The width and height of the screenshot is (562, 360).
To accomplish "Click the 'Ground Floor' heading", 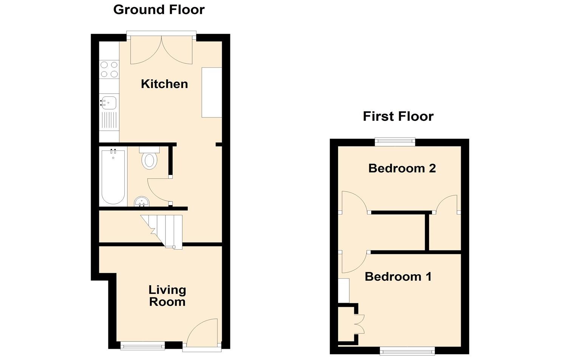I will [x=159, y=9].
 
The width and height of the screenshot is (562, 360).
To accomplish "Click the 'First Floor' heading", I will [x=398, y=116].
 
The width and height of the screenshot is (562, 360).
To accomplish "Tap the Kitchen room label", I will [x=164, y=84].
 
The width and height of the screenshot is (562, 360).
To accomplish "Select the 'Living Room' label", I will [x=167, y=296].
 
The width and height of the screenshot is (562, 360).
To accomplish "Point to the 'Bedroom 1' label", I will [x=398, y=277].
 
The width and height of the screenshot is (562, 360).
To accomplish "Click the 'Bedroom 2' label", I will [x=402, y=168].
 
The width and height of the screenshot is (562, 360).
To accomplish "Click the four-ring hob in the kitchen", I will [x=109, y=70].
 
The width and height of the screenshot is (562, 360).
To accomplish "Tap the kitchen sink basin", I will [x=109, y=102].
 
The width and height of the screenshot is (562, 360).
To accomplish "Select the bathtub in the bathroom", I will [x=113, y=177].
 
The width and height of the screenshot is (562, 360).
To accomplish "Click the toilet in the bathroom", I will [x=150, y=159].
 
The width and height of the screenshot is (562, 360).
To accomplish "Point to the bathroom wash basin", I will [x=142, y=202].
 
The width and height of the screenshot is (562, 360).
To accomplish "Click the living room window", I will [x=142, y=345].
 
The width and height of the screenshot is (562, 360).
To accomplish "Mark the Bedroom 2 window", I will [x=395, y=142].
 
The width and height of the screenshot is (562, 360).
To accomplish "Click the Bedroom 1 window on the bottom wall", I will [x=407, y=351].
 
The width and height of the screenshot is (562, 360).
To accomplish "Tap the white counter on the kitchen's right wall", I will [x=212, y=93].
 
